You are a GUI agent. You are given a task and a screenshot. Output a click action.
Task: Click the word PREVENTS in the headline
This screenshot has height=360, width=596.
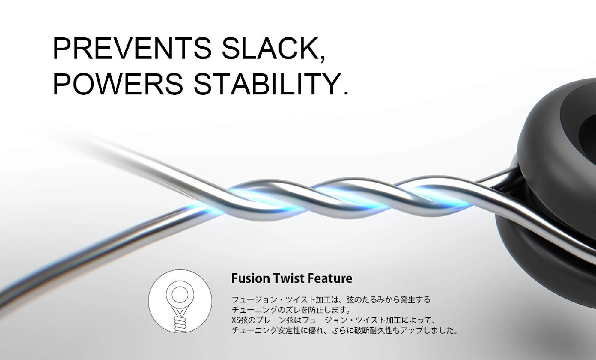click(132, 49)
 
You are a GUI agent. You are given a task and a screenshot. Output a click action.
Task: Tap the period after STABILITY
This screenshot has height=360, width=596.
click(345, 92)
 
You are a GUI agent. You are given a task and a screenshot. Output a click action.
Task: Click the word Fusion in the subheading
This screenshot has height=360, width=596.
click(250, 278)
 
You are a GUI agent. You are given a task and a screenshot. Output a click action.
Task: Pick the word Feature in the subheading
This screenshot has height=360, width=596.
click(330, 278)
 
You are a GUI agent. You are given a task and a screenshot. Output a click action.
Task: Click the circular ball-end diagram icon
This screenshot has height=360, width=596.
click(180, 301)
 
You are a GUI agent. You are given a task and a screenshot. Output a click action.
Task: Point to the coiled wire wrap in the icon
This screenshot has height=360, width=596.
click(181, 324)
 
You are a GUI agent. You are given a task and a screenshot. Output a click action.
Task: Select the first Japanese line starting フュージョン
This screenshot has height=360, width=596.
click(331, 299)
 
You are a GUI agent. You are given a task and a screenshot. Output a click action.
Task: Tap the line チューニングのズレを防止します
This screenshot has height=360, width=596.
click(292, 310)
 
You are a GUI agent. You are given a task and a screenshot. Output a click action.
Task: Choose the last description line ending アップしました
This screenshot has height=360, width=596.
click(345, 330)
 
